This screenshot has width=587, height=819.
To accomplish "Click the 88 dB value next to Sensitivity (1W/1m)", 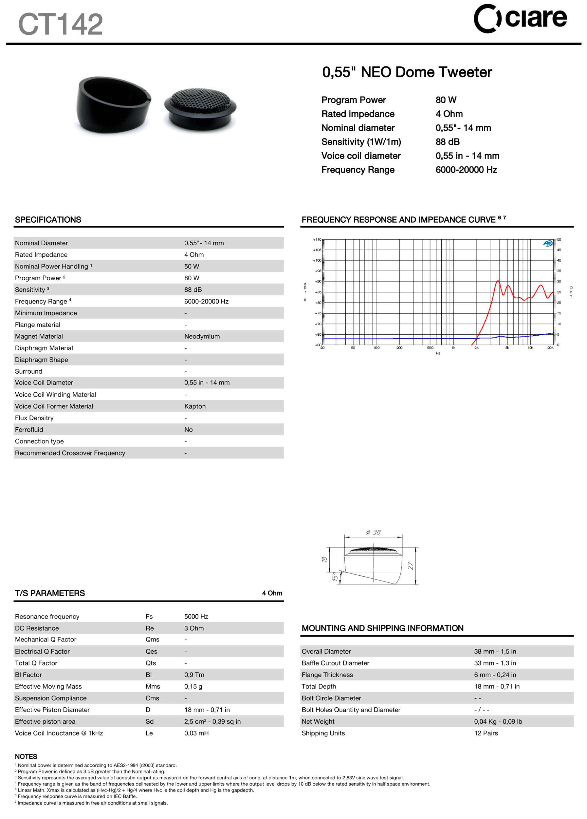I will point(447,142).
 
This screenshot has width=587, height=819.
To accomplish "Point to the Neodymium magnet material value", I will point(202,336).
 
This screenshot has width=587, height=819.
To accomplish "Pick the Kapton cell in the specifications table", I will point(195,406).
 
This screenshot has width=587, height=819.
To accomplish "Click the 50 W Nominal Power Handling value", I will point(191,266).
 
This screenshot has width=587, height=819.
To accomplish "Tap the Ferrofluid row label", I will point(29,429).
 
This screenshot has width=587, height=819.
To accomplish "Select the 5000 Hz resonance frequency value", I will point(196,616).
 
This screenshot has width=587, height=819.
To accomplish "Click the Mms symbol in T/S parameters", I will point(153,687).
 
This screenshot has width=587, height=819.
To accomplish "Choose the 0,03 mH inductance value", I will point(196,733).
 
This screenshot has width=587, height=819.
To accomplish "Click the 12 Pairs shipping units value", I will point(486,733).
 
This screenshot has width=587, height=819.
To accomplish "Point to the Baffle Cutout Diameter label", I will point(335,663).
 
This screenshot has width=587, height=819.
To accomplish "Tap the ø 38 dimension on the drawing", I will point(373,532).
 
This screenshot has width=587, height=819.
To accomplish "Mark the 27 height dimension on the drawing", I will point(410,566).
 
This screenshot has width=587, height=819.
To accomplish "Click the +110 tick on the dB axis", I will point(317,239).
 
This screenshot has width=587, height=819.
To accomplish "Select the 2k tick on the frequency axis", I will point(477,348).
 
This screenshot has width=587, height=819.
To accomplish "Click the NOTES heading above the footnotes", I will point(26,757).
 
